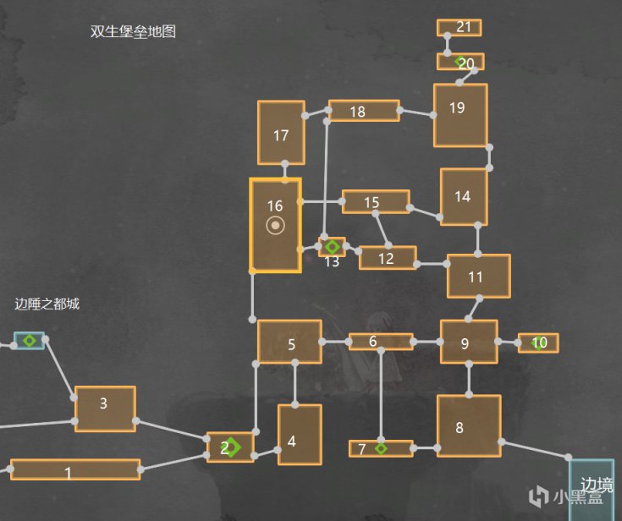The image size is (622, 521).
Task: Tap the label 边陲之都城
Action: tap(47, 304)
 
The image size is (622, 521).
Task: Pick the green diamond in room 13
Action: tap(333, 247)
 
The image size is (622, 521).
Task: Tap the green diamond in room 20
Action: tap(460, 62)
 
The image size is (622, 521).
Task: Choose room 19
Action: tap(460, 114)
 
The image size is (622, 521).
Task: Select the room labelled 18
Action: tap(363, 111)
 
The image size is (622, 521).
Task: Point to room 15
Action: tap(375, 201)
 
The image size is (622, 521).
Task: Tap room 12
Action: tap(387, 258)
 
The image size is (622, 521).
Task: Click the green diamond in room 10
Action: tap(536, 343)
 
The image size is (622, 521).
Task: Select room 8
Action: tap(468, 426)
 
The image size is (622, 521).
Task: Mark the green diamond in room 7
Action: tap(382, 448)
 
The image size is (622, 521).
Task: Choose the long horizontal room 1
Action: tap(74, 469)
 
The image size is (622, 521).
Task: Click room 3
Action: tap(104, 409)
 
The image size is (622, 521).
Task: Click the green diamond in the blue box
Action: tap(30, 340)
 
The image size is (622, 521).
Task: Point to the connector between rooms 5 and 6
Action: tap(334, 342)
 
